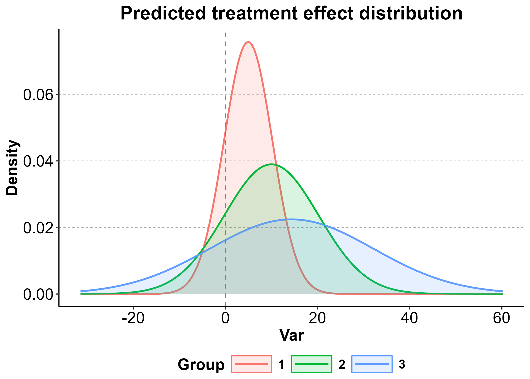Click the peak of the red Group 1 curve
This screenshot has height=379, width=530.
248,42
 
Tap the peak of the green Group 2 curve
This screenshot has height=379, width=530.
271,164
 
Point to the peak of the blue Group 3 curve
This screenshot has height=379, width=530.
291,219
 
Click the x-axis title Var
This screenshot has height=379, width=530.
291,336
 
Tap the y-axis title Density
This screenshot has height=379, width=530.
12,168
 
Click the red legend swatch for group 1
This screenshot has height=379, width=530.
251,364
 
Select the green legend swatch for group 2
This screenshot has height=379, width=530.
312,364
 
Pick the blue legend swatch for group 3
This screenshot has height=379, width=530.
372,364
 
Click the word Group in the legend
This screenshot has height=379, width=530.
201,365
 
